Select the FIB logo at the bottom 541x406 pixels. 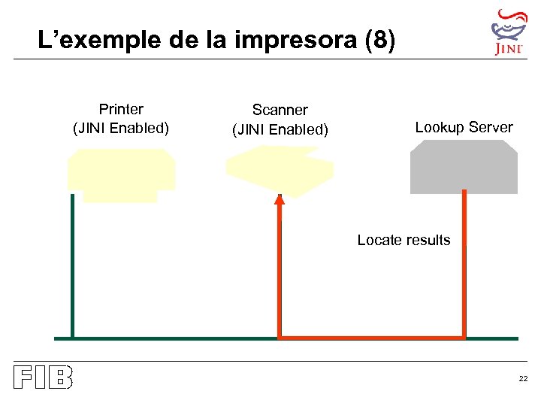coord(43,377)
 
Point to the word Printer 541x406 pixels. coord(121,109)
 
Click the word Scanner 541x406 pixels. coord(280,111)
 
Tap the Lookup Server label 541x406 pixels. coord(464,127)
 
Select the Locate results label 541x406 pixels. coord(403,240)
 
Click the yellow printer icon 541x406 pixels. coord(120,173)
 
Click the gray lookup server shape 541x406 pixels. coord(464,167)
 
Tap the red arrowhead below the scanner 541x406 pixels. coord(280,200)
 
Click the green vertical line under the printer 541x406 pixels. coord(72,263)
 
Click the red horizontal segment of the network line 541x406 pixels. coord(372,338)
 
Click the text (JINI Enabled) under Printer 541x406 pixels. coord(121,128)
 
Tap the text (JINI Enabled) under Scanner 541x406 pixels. coord(280,129)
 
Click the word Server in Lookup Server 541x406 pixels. coord(490,127)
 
